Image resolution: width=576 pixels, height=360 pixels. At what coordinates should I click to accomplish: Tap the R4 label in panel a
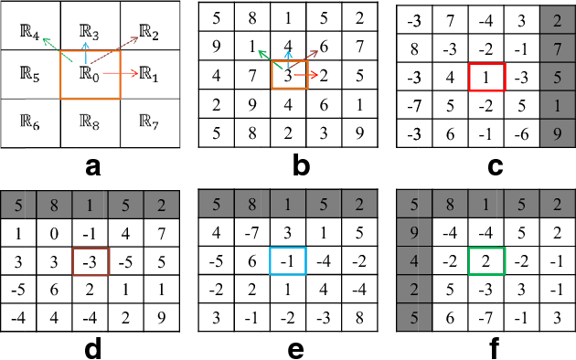tap(29, 40)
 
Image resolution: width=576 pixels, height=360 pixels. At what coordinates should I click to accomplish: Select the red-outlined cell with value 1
tap(485, 78)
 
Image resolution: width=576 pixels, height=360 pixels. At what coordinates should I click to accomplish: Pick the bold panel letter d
tap(90, 348)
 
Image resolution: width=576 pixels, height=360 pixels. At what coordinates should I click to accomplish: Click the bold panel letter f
tap(485, 348)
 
